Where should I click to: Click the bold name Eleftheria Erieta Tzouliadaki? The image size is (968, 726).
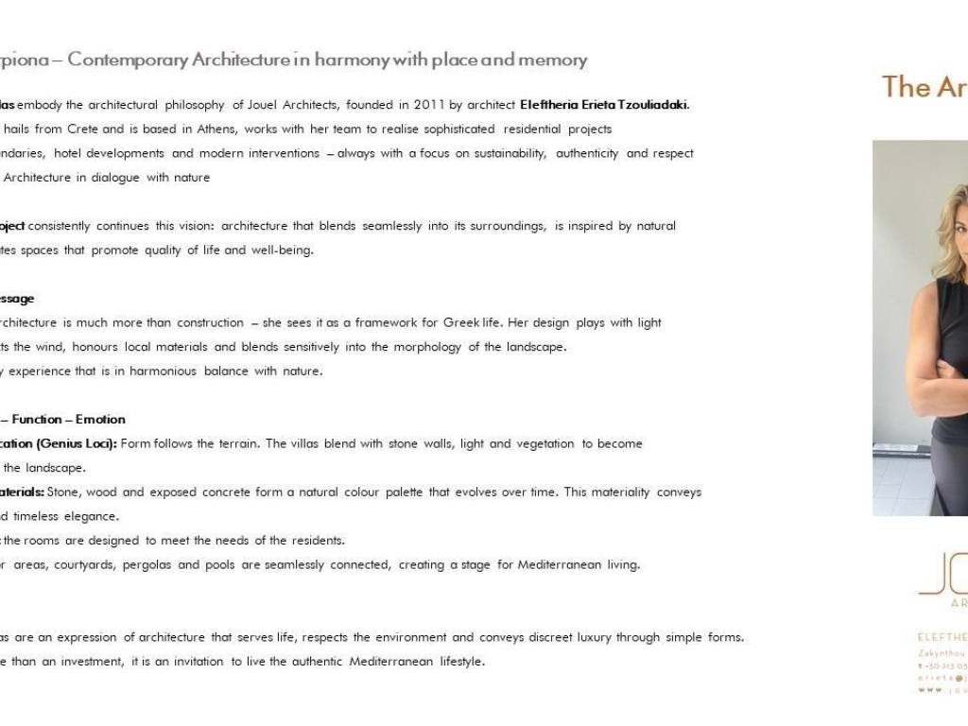coord(604,105)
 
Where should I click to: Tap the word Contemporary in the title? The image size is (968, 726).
coord(128,60)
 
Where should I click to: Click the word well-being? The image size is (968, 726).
coord(282,251)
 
